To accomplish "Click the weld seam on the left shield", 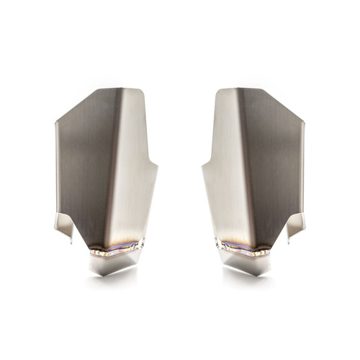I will (115, 249).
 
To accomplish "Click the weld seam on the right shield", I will (245, 249).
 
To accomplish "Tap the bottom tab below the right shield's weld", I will (249, 265).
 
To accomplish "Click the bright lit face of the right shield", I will (223, 173).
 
